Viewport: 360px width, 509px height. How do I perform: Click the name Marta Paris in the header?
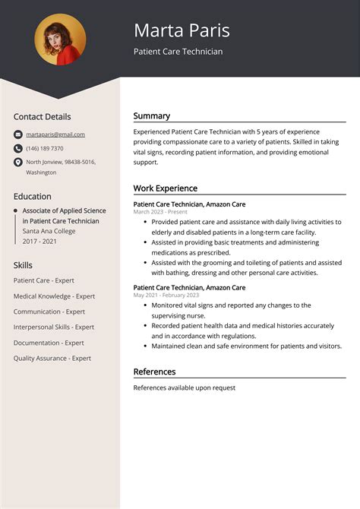tap(182, 30)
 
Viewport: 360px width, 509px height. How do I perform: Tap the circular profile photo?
tap(60, 40)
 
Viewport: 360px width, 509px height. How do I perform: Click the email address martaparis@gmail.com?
tap(55, 134)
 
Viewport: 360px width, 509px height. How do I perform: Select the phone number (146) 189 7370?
tap(45, 148)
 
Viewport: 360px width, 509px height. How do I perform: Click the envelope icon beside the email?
tap(17, 134)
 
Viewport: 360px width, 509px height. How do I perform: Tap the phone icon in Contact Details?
tap(17, 148)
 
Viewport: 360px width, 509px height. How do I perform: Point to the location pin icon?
tap(17, 162)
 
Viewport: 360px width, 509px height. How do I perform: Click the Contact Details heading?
tap(42, 117)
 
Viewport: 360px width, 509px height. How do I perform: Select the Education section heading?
tap(32, 196)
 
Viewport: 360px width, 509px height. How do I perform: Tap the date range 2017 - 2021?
tap(39, 241)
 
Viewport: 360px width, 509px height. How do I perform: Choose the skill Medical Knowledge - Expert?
tap(54, 296)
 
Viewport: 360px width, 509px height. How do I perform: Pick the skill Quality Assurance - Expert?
tap(52, 358)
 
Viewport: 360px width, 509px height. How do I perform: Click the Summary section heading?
tap(152, 116)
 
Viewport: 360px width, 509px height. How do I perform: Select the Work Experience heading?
tap(165, 188)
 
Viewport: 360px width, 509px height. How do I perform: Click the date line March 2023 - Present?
tap(160, 212)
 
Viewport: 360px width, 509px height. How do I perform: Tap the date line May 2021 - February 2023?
tap(166, 295)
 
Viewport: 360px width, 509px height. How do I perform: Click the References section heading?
tap(154, 371)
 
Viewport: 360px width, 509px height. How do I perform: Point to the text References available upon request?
tap(184, 387)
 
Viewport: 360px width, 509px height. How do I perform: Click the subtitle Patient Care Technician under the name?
tap(178, 52)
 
